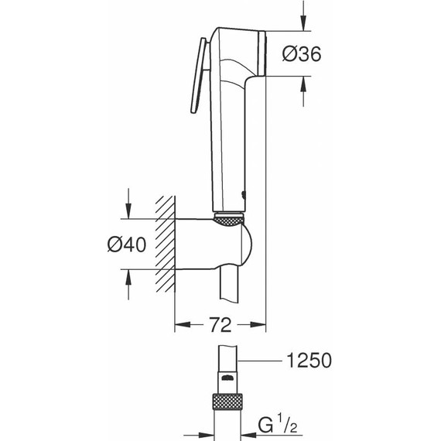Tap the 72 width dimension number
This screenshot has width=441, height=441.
220,326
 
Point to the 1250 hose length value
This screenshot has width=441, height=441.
309,361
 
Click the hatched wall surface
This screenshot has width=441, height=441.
164,244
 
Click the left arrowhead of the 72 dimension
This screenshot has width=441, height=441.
179,326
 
